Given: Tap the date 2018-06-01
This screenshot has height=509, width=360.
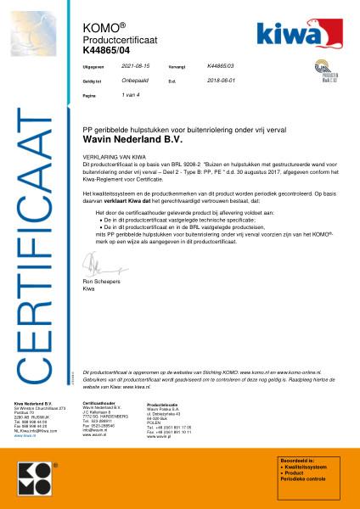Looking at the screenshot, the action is coord(222,81).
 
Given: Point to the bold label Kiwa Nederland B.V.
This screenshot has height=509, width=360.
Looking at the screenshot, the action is coord(33,403).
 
